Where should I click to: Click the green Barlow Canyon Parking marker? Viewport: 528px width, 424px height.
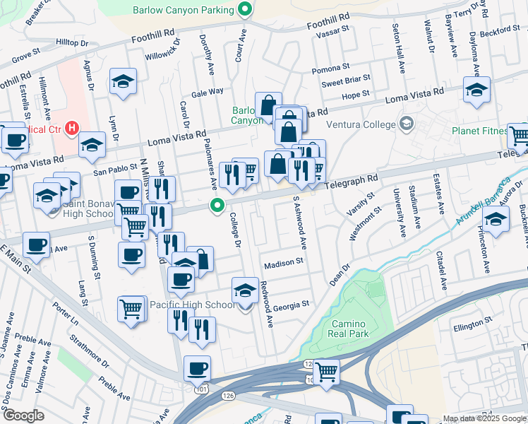coord(246,10)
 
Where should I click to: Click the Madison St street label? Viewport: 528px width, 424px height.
coord(283,264)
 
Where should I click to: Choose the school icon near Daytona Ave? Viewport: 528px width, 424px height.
coord(477,90)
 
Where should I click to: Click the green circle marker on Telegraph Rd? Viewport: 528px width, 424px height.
coord(217,206)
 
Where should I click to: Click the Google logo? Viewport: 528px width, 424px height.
coord(23,416)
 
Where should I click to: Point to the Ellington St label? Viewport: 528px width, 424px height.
coord(472,326)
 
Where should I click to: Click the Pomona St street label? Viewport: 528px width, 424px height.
coord(327,69)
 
